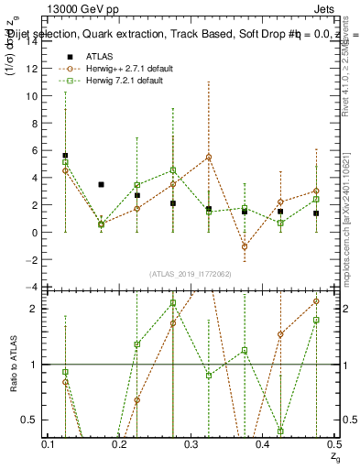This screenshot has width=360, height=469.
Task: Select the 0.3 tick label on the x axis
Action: pos(191,444)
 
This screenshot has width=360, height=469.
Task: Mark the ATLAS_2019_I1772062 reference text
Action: pos(191,274)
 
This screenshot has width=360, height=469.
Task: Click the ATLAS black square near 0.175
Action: pos(101,185)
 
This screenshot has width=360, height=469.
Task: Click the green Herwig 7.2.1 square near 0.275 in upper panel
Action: pos(173,170)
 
